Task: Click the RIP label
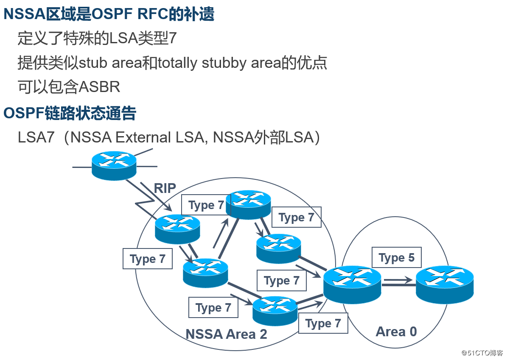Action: pyautogui.click(x=165, y=188)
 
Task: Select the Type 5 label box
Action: pyautogui.click(x=397, y=258)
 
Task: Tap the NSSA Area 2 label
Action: pyautogui.click(x=226, y=334)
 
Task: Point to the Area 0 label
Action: pyautogui.click(x=396, y=331)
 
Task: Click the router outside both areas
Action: pyautogui.click(x=114, y=165)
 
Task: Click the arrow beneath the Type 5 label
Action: pyautogui.click(x=397, y=280)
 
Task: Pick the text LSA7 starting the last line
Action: pyautogui.click(x=36, y=137)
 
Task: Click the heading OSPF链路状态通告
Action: pyautogui.click(x=70, y=113)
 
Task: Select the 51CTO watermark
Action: pyautogui.click(x=482, y=353)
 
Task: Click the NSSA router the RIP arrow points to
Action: pyautogui.click(x=177, y=229)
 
